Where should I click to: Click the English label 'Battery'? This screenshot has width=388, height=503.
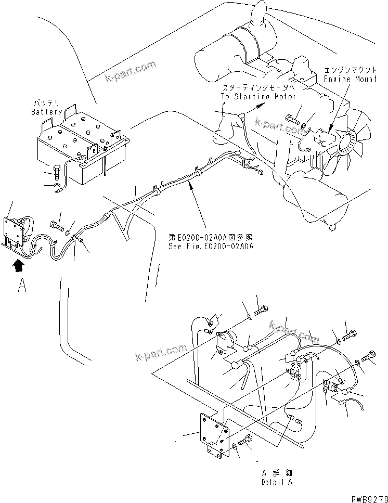[x=46, y=112]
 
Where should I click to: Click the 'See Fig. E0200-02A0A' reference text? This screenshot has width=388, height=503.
[x=211, y=247]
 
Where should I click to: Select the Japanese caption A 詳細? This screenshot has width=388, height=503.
[x=276, y=474]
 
